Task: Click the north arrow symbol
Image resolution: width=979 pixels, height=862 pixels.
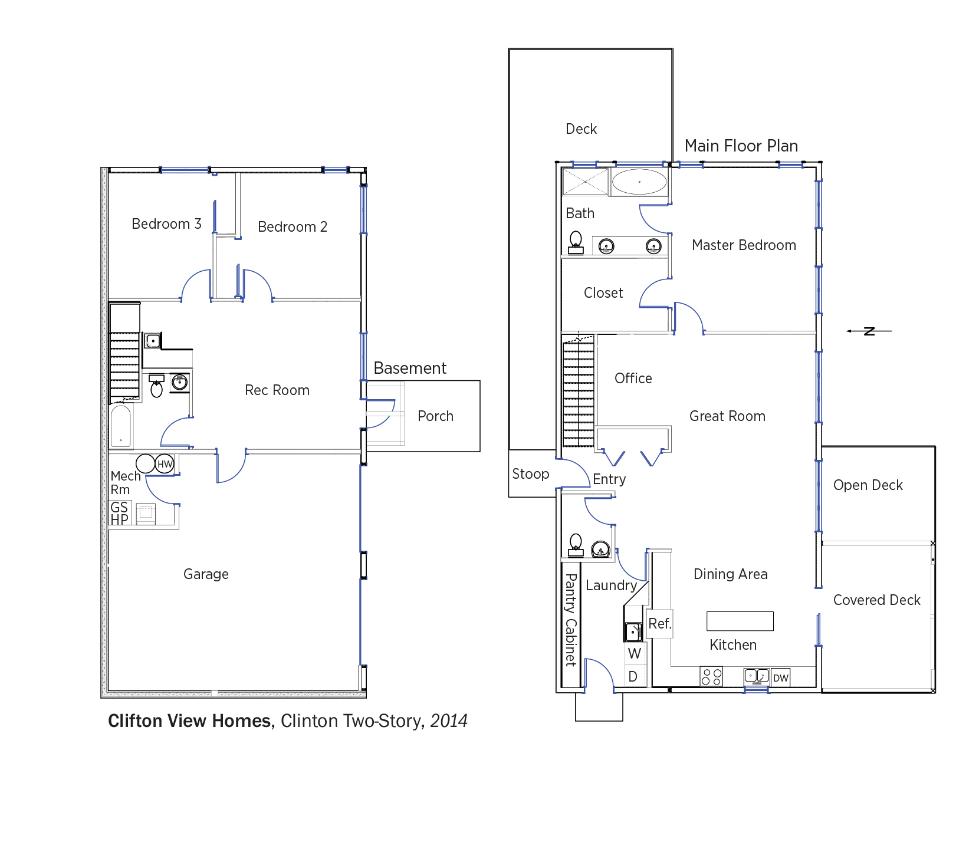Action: (869, 331)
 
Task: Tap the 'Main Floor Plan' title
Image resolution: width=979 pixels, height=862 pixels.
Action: (741, 146)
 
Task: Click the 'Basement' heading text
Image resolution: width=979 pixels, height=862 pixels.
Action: (410, 368)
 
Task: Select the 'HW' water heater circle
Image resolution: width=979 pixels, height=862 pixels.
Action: (165, 464)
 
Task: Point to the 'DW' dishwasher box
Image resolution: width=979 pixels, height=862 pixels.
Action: (780, 677)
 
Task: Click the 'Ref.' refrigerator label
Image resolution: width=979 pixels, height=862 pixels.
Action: (660, 624)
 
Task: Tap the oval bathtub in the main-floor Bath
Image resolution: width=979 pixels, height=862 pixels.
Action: (639, 182)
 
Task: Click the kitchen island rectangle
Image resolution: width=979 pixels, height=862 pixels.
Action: (740, 621)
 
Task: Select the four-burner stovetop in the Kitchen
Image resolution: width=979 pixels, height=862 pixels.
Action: (711, 677)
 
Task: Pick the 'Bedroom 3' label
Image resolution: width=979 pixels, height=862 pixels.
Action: (166, 224)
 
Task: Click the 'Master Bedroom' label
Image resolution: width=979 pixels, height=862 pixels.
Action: (744, 245)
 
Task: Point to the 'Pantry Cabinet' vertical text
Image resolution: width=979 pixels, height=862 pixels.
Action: (570, 620)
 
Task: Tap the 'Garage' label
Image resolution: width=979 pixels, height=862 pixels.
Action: (206, 574)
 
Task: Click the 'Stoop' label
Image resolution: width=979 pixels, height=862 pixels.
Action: (530, 474)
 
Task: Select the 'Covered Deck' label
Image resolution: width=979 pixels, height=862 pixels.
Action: (876, 600)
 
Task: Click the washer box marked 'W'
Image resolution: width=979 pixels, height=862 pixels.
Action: (635, 653)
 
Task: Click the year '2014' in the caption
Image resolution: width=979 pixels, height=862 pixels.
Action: (449, 721)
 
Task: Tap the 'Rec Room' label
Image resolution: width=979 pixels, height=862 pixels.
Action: (277, 390)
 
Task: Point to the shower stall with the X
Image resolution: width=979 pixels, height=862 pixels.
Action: (585, 182)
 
